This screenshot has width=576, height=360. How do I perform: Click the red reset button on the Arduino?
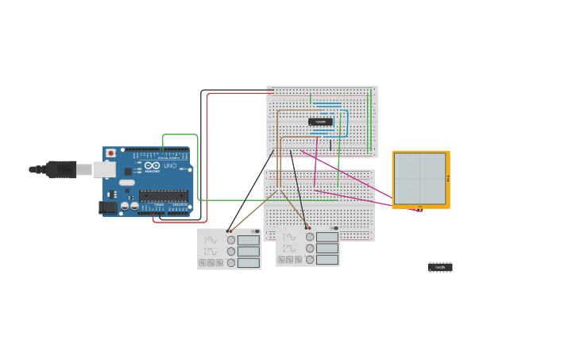(x=110, y=153)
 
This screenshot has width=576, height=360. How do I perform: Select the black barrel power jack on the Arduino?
(x=107, y=207)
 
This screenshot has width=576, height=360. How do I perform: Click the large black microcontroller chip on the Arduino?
(x=164, y=195)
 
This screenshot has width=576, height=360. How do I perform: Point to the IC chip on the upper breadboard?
(x=321, y=122)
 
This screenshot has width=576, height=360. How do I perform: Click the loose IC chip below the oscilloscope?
(x=439, y=267)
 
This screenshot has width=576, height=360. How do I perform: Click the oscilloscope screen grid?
(x=420, y=178)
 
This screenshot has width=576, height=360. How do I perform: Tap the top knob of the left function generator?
(x=231, y=240)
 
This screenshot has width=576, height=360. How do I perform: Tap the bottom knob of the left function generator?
(x=231, y=262)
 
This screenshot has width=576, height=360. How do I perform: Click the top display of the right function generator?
(x=327, y=237)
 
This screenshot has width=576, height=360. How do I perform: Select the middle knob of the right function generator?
(x=310, y=248)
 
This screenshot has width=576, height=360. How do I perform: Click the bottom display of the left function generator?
(x=248, y=262)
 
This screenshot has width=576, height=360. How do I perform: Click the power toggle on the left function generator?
(x=255, y=231)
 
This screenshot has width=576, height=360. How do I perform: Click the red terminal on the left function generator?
(x=231, y=230)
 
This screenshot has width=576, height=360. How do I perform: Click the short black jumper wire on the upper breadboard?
(x=331, y=145)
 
